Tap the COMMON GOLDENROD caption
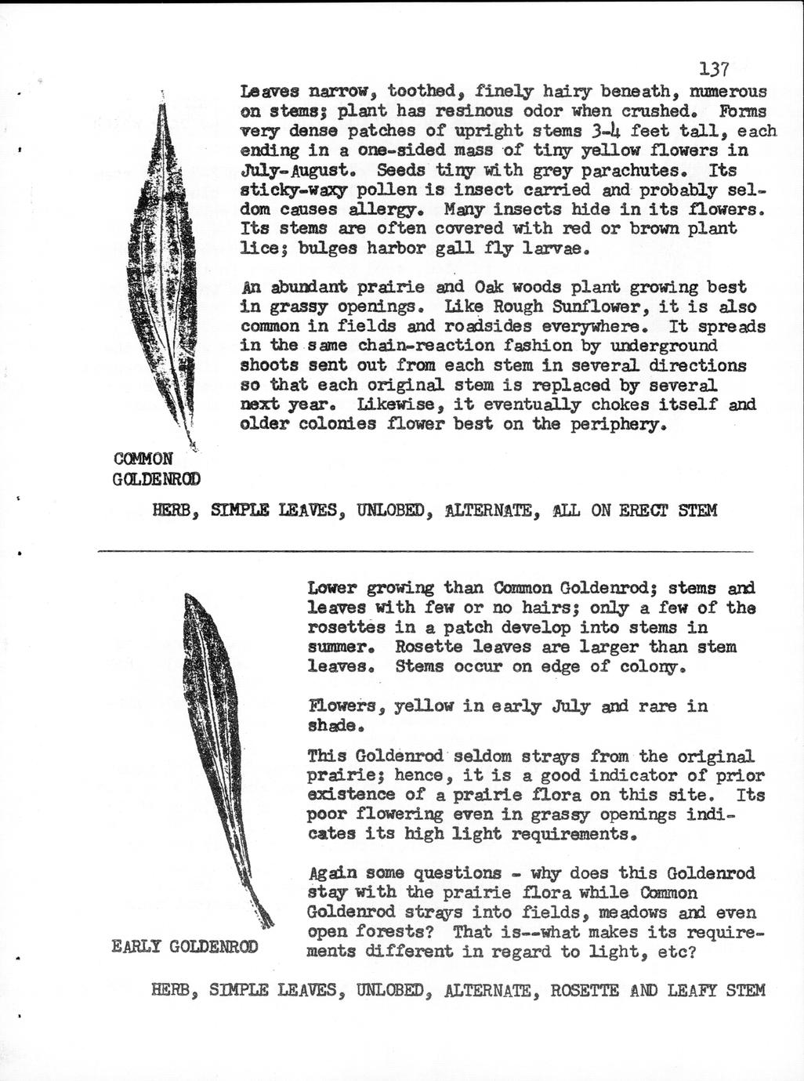[x=156, y=468]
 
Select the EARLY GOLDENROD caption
[x=185, y=946]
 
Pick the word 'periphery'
[x=620, y=424]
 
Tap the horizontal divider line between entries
[x=423, y=552]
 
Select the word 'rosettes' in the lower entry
[x=346, y=628]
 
